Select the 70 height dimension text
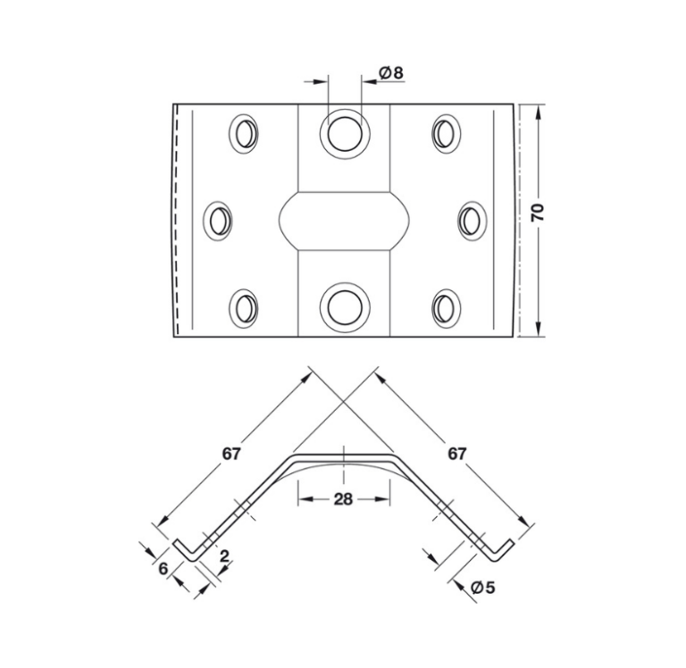(537, 212)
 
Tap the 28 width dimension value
(344, 499)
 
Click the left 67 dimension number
(231, 453)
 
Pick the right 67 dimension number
(456, 453)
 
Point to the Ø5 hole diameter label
(481, 587)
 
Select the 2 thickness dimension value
(223, 556)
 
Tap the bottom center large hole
(343, 306)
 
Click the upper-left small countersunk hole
(243, 133)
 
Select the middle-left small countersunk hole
(218, 220)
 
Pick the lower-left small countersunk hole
(243, 307)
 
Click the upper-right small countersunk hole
(445, 133)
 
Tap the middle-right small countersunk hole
(471, 220)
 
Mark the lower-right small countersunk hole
(445, 307)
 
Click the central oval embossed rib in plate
(344, 220)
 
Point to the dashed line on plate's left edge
(179, 220)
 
